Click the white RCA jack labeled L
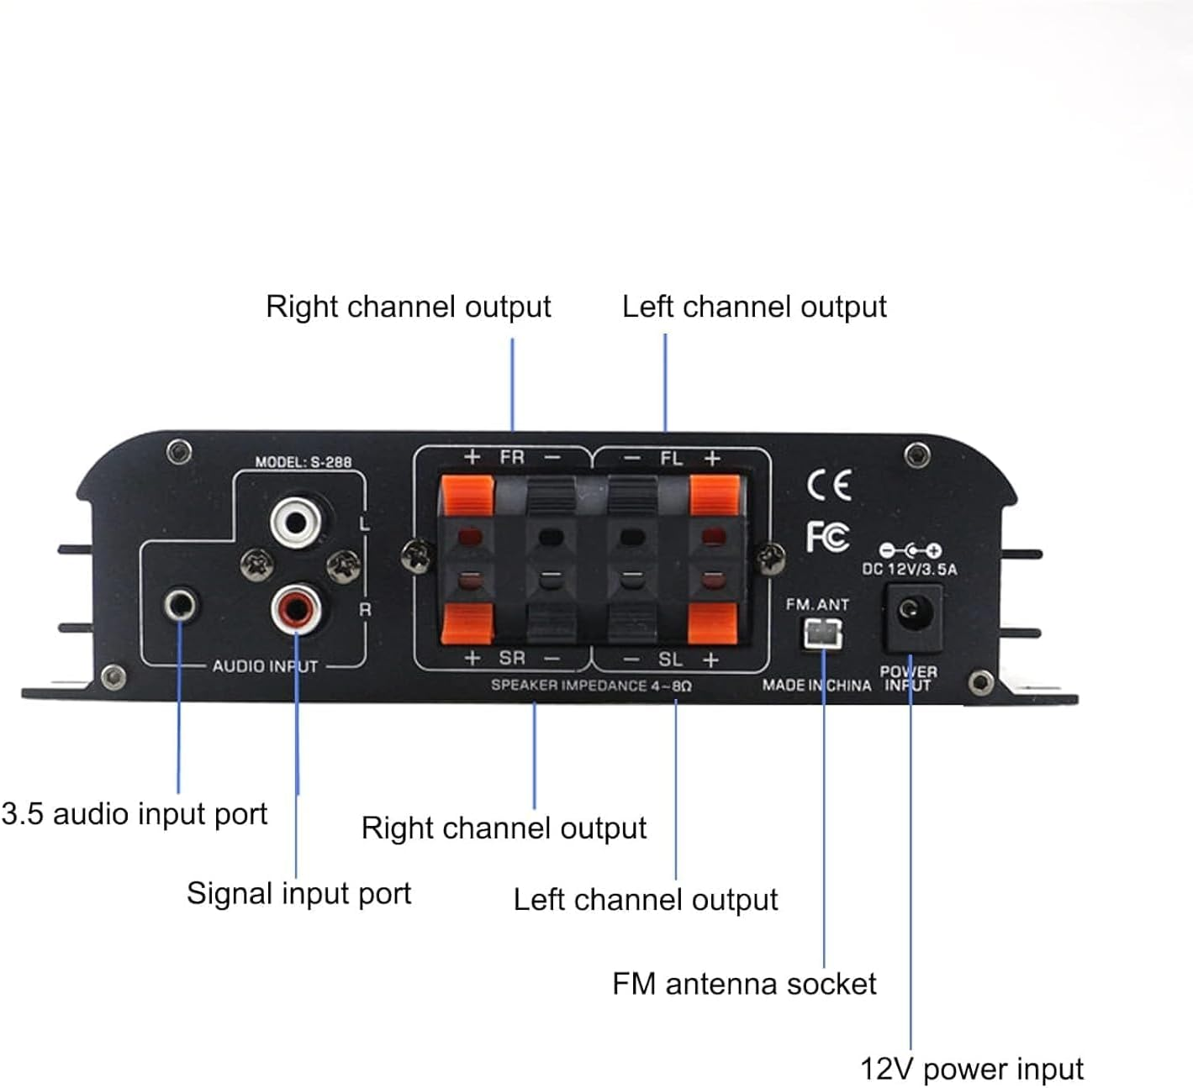295,523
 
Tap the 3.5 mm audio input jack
181,604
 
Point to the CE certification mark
829,485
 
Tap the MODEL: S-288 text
304,461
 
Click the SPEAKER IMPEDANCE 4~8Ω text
591,686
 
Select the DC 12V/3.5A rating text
909,569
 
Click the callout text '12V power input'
971,1069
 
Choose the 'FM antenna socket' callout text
744,983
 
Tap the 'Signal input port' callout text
298,893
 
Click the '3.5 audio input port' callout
135,813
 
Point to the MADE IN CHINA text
816,686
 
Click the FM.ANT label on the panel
817,604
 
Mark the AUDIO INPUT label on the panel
265,666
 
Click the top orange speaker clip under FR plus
467,496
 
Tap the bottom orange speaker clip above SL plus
712,623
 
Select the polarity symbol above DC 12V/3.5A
910,550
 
